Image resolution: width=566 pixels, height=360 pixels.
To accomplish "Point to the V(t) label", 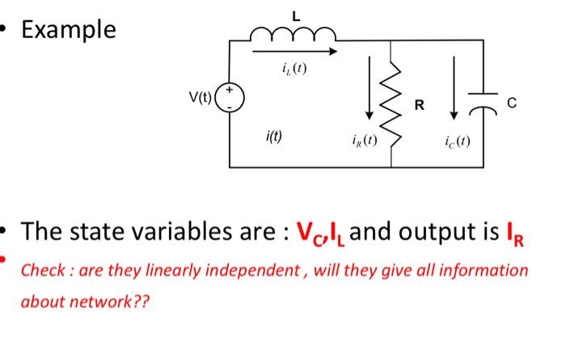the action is (x=199, y=100).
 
